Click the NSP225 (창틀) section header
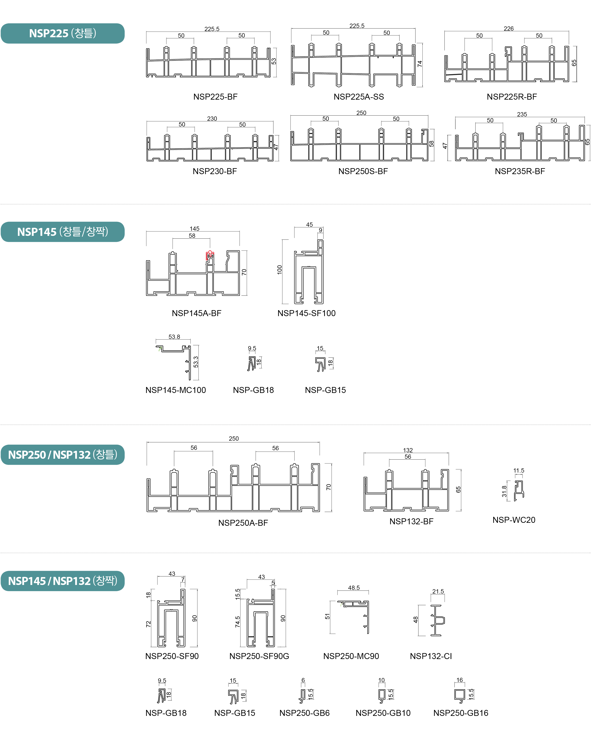click(x=63, y=33)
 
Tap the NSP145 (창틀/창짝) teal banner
click(x=63, y=232)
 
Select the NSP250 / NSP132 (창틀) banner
click(x=63, y=454)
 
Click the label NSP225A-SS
click(x=359, y=97)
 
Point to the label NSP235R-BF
click(x=520, y=171)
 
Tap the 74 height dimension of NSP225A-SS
click(x=420, y=64)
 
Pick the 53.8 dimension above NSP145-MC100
click(x=174, y=337)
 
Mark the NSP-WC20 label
click(x=514, y=520)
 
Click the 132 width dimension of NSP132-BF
click(x=408, y=450)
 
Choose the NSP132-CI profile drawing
click(x=437, y=620)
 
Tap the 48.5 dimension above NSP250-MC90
click(x=354, y=588)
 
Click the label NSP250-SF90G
click(x=259, y=656)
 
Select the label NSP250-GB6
click(x=304, y=713)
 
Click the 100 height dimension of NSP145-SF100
click(x=279, y=270)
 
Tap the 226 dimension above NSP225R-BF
click(x=508, y=29)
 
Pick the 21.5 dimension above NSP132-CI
click(x=438, y=592)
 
